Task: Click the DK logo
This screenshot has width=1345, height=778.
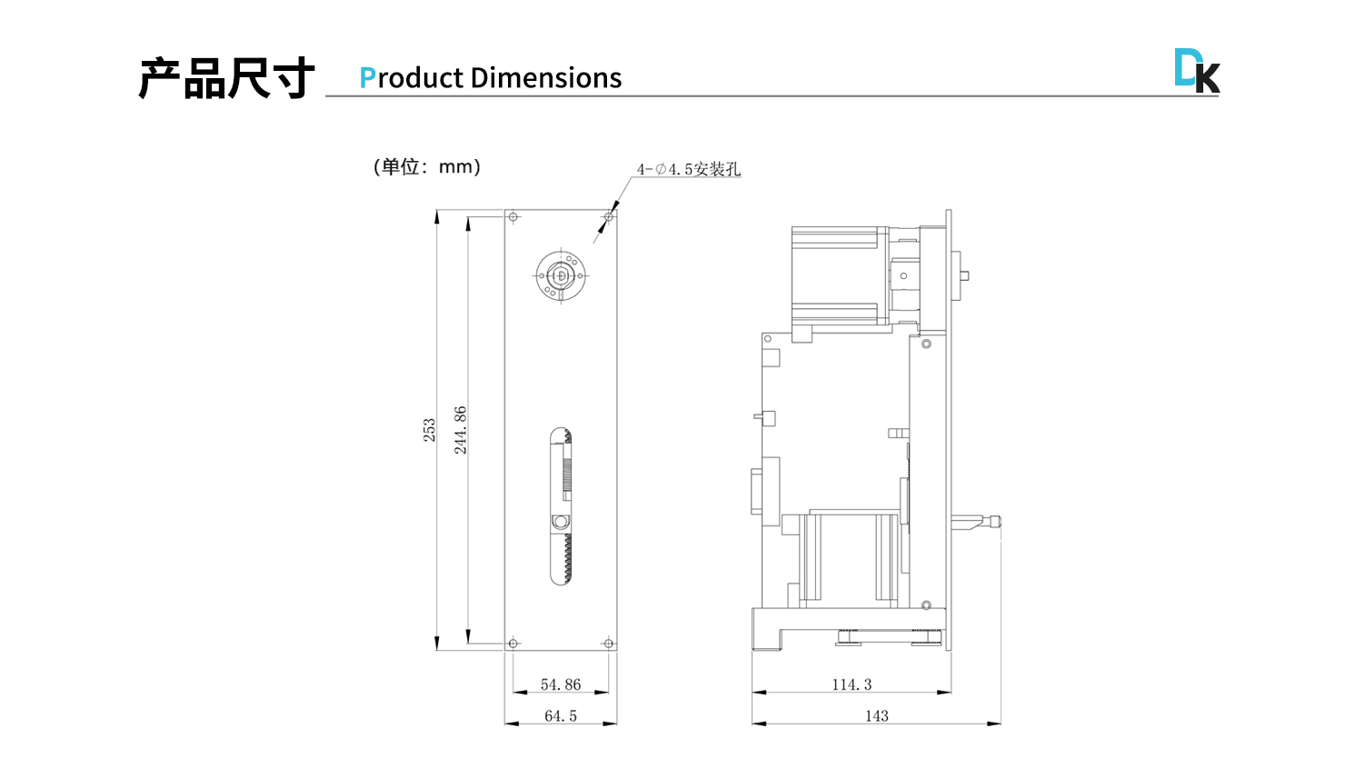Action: [1196, 71]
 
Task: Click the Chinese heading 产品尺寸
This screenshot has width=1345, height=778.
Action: [226, 78]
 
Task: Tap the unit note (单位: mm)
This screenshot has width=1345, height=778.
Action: [426, 166]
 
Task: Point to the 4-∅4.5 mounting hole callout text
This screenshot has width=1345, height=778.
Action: [688, 169]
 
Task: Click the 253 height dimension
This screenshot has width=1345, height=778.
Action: [429, 430]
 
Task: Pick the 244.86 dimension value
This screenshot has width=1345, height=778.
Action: [461, 430]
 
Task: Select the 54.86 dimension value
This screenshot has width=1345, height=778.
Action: [561, 684]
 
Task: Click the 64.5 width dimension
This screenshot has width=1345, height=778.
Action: [561, 716]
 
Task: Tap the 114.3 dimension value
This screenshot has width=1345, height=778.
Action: [852, 684]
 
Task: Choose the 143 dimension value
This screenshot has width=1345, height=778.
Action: [876, 716]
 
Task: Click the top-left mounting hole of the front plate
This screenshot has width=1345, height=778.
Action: [513, 217]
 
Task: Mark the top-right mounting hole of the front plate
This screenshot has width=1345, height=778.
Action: [609, 217]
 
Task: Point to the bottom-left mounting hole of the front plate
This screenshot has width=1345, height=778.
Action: [513, 643]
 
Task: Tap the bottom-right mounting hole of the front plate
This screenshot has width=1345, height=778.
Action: [609, 643]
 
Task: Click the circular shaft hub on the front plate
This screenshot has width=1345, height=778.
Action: [561, 275]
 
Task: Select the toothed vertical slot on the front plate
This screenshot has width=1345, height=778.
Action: [562, 505]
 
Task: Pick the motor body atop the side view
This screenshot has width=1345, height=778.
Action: [838, 275]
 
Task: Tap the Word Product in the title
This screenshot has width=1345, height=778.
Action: [412, 78]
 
